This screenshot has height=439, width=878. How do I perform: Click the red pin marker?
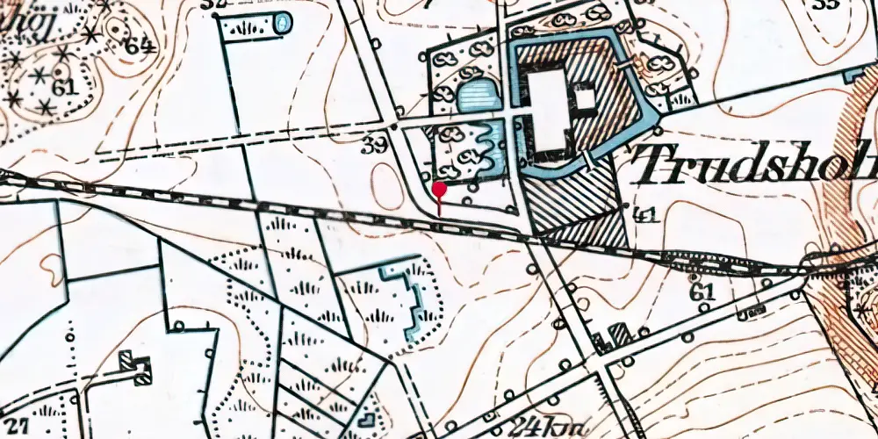pos(439,189)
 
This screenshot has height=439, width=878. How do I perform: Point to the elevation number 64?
pos(138,46)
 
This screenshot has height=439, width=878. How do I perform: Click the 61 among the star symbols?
pos(62,87)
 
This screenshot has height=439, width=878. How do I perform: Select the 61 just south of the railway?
pos(702,291)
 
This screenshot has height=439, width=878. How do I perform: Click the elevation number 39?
pos(375,146)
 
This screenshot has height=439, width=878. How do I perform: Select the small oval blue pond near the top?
pos(283,24)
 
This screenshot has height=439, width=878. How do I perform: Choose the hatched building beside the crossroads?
pos(619,334)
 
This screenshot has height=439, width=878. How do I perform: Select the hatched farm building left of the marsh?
pos(134,365)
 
